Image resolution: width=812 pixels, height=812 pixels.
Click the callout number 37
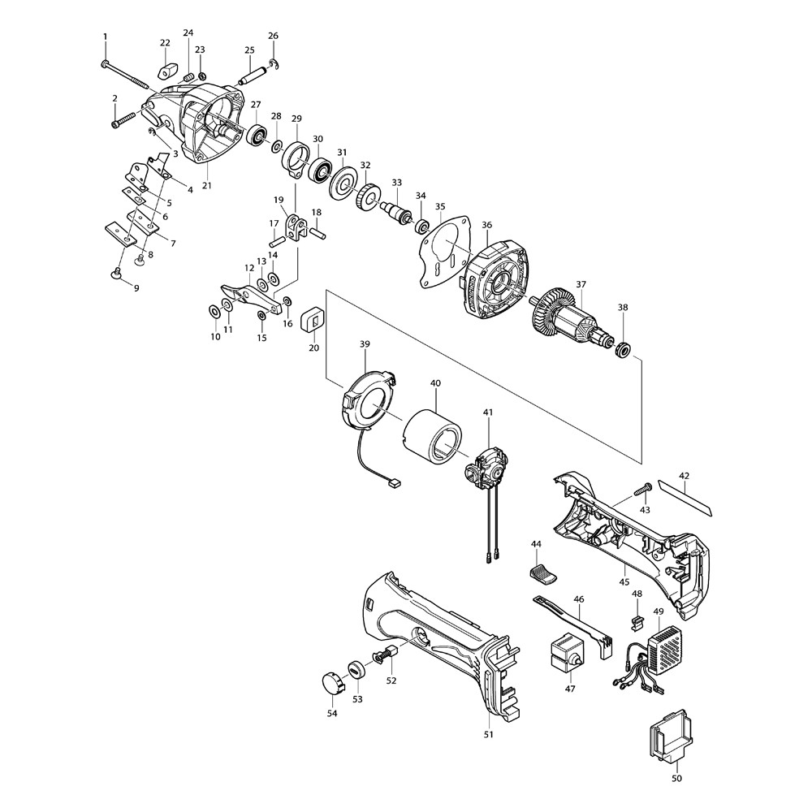pyautogui.click(x=581, y=284)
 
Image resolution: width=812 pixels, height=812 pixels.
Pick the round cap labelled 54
pyautogui.click(x=330, y=682)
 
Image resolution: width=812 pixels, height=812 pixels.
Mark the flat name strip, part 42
pyautogui.click(x=687, y=499)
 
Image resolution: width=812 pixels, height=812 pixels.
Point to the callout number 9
pyautogui.click(x=136, y=288)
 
